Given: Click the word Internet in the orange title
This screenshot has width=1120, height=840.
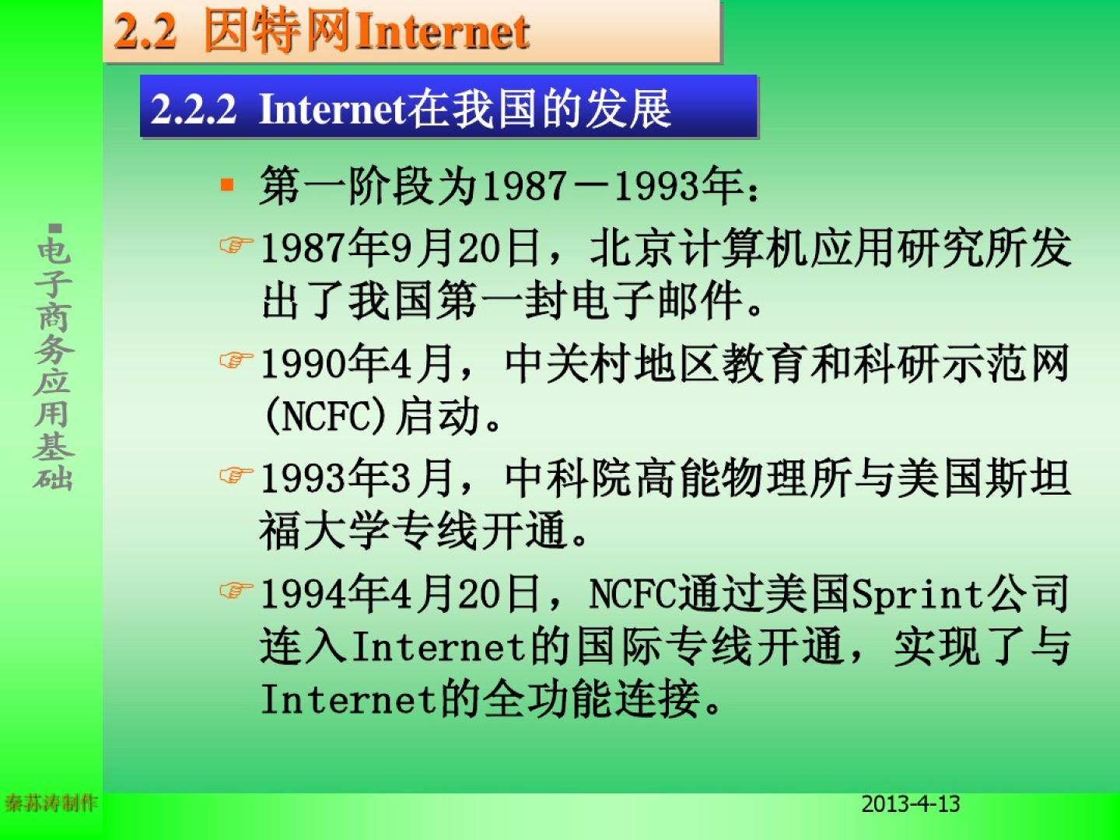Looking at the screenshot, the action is (442, 32).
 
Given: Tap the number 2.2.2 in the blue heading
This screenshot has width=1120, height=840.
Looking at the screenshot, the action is (194, 109).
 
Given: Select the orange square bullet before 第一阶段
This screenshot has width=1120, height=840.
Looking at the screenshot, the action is (227, 184).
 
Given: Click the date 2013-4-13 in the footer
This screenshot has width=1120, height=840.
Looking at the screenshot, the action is (911, 804).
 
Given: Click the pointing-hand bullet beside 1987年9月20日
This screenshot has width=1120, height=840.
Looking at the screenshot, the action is (236, 245).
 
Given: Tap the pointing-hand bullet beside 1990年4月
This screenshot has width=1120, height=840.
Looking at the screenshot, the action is (236, 360).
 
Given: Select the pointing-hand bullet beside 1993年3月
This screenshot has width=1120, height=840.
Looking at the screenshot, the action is (236, 475).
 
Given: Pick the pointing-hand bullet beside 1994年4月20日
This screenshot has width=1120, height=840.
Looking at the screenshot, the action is (236, 590).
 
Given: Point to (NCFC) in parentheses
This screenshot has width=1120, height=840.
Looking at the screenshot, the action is (325, 416).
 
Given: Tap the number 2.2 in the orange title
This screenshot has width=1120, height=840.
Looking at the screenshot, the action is (146, 32).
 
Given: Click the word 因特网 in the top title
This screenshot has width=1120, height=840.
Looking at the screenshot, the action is (278, 32).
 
